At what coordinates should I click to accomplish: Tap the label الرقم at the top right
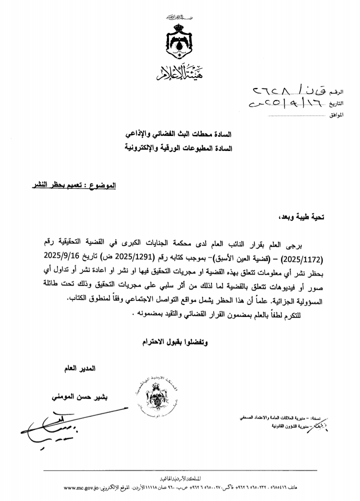click(x=338, y=93)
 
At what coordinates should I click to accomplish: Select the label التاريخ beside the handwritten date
click(x=337, y=105)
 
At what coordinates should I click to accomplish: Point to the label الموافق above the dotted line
click(x=337, y=116)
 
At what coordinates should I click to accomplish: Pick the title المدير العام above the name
click(x=80, y=369)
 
